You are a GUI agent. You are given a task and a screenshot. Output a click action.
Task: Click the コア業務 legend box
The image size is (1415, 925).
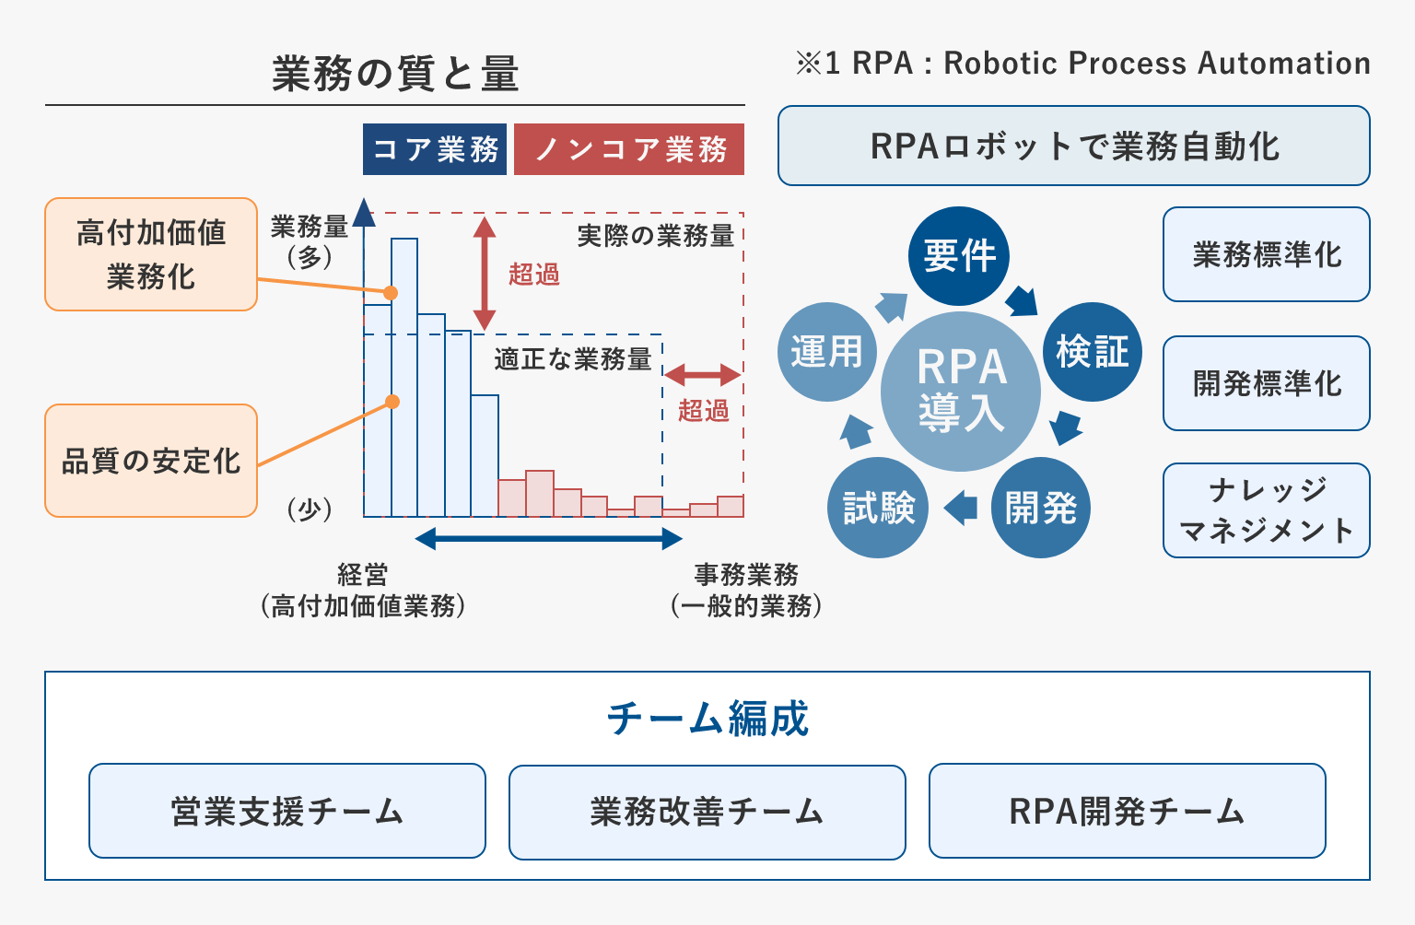point(435,149)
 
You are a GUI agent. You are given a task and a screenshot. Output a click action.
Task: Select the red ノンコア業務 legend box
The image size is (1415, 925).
point(629,149)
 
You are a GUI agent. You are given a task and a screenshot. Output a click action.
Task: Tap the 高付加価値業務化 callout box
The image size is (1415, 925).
point(151,254)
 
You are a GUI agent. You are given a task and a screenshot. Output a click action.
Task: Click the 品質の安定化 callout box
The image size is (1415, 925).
point(151,461)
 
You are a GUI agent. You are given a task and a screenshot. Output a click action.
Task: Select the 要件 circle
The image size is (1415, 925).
point(959,255)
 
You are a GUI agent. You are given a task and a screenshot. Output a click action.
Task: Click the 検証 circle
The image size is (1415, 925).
point(1092,352)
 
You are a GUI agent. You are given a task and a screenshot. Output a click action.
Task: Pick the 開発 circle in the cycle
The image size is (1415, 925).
point(1041,508)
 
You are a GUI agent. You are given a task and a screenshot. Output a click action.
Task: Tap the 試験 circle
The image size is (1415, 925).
point(879,508)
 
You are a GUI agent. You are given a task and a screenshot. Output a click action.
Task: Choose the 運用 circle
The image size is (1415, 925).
point(826,352)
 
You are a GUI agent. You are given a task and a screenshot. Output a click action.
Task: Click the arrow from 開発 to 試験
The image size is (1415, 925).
point(961,508)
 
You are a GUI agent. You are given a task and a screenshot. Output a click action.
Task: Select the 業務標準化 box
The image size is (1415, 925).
point(1266,254)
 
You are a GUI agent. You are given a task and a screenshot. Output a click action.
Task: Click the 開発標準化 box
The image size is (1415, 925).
point(1266,383)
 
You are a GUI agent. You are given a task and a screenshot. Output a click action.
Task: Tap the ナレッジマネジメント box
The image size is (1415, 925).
point(1266,510)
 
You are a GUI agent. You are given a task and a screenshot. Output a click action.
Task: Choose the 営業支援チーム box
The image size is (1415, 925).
point(287,811)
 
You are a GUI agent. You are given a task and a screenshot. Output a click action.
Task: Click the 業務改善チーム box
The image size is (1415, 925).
point(707,812)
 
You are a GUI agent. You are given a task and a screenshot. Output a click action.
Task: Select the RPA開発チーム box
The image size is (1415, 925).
point(1127,811)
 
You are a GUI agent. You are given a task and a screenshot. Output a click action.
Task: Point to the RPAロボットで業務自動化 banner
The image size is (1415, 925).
point(1073,146)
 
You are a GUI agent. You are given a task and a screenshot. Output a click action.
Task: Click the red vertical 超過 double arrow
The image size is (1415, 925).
point(485,274)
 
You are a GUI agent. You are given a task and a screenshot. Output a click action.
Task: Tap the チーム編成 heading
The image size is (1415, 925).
point(707,719)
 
